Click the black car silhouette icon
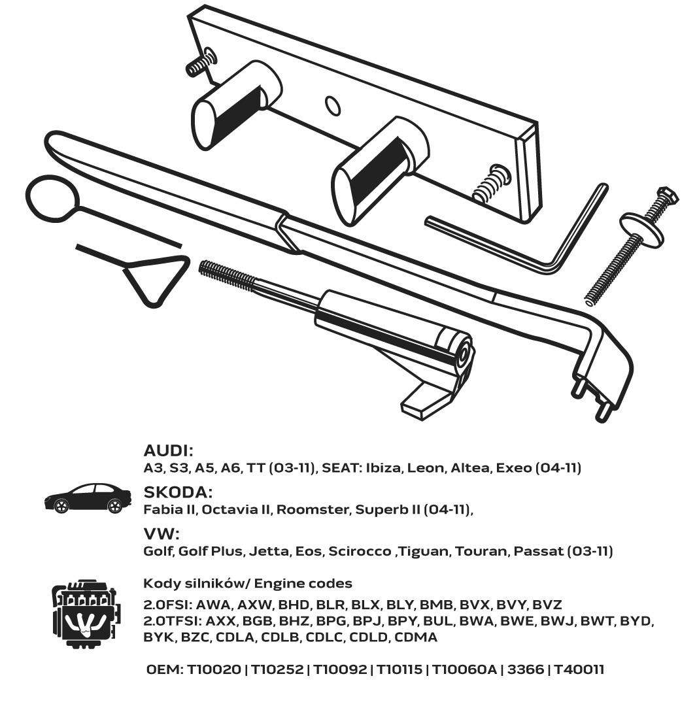tap(85, 498)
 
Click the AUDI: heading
tap(169, 450)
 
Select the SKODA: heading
tap(178, 492)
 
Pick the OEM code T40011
tap(579, 669)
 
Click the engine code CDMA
tap(416, 637)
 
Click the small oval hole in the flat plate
tap(333, 105)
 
